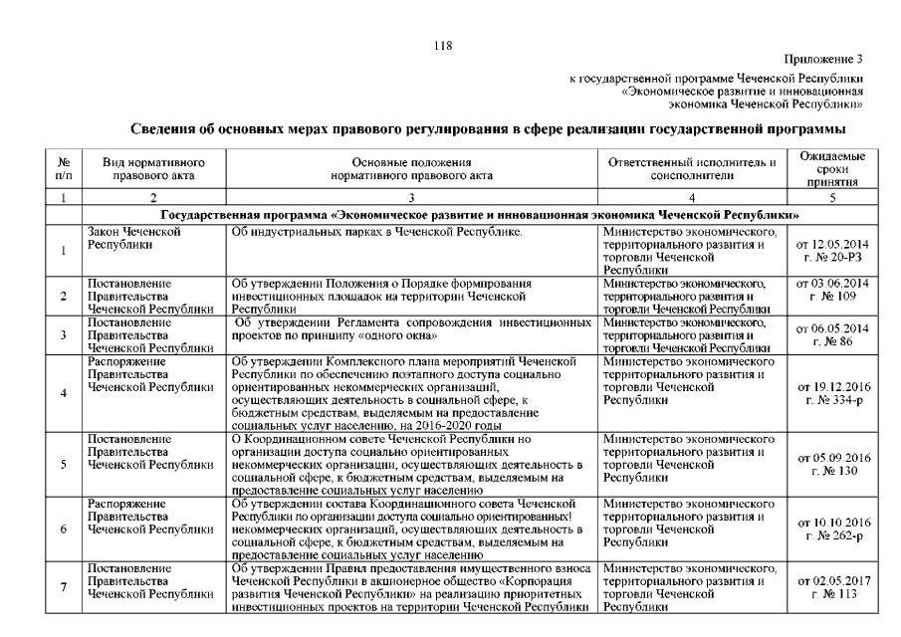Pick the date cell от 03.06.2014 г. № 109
tap(832, 290)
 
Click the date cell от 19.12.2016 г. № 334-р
tap(832, 392)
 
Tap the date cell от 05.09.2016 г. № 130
tap(832, 465)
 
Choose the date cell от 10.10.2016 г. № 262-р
tap(832, 529)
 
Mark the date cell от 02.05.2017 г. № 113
tap(832, 587)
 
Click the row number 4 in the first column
tap(64, 393)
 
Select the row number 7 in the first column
tap(64, 587)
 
